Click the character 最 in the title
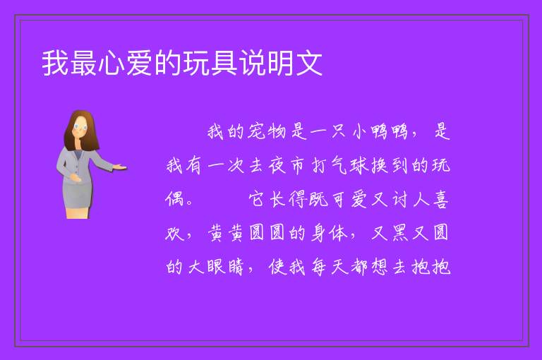point(84,63)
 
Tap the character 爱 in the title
point(140,63)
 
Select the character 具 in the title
point(224,63)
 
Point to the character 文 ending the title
point(308,63)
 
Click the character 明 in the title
point(280,63)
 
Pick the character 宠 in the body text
point(256,131)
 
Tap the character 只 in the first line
point(338,131)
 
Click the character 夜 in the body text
point(277,165)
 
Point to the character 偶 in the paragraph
point(174,199)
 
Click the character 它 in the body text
point(257,199)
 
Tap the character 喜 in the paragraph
point(440,200)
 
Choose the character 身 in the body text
point(318,232)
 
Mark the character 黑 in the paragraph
point(400,232)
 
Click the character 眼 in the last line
point(215,267)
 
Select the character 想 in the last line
point(380,267)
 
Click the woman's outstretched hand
point(120,168)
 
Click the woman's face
point(80,127)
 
